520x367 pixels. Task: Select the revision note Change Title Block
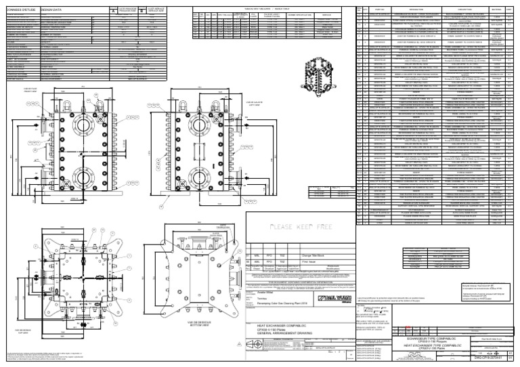click(308, 255)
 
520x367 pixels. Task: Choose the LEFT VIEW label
click(253, 103)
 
